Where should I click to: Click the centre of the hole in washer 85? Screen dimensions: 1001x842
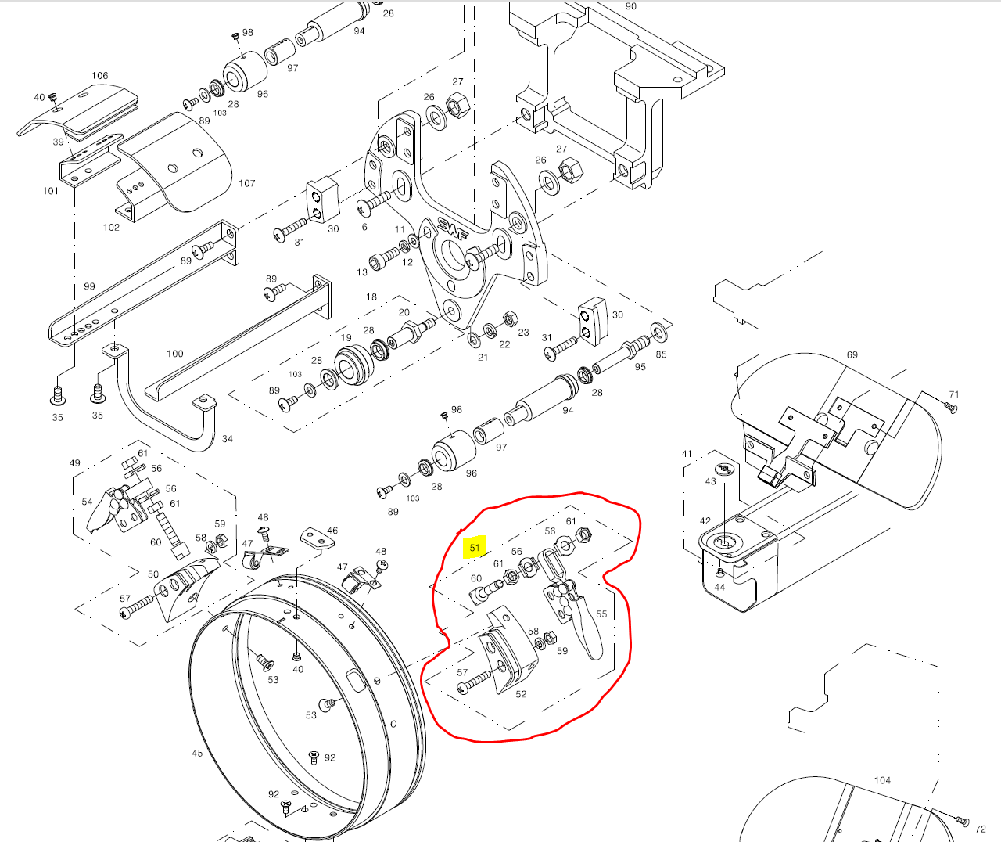[x=659, y=333]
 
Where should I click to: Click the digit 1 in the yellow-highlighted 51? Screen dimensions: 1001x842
[x=478, y=548]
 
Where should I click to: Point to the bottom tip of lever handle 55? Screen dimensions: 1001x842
[x=597, y=659]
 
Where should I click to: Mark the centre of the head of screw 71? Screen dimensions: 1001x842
[x=953, y=408]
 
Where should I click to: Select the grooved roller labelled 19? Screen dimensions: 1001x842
[x=353, y=365]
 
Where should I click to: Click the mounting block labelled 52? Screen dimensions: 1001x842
[x=510, y=650]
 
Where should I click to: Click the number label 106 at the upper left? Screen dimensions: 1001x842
[x=100, y=76]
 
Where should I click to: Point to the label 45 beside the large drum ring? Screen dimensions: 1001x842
[x=197, y=753]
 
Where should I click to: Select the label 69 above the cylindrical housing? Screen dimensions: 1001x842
[x=852, y=354]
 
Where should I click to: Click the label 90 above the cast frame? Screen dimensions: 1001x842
[x=631, y=6]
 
